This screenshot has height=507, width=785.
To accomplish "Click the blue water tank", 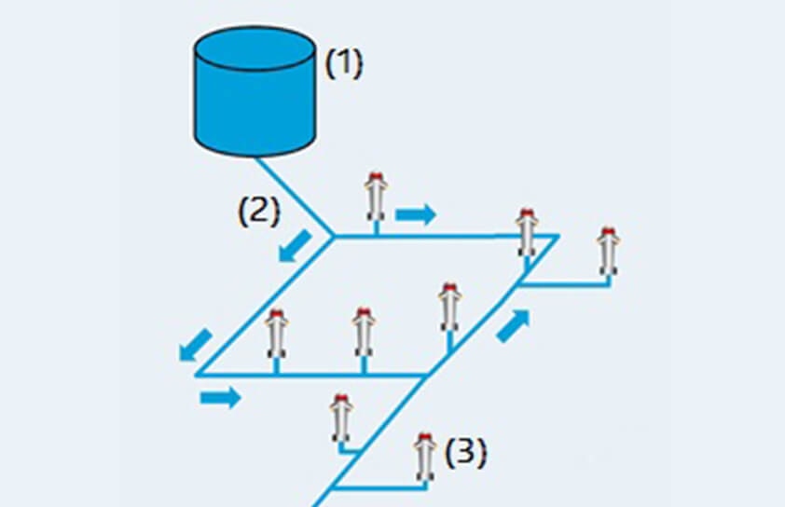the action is click(255, 91).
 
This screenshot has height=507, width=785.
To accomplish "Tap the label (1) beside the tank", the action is click(343, 63).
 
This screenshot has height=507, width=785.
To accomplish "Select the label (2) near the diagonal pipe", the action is click(259, 212).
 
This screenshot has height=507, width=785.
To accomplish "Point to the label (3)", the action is click(465, 453).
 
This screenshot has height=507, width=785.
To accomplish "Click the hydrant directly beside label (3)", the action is click(425, 457).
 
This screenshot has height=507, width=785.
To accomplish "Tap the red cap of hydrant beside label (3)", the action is click(425, 438).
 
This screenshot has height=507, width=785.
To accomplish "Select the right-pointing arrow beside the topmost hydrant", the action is click(416, 214).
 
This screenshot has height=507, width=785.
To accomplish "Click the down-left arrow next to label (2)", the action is click(296, 246).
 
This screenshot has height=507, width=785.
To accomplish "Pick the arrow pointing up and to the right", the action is click(513, 326).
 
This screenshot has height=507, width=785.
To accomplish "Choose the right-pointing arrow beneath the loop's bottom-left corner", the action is click(220, 397).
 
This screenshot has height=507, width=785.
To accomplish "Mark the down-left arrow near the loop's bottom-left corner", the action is click(196, 344).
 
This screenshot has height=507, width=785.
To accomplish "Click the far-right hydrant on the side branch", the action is click(608, 252).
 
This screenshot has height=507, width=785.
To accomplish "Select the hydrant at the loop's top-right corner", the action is click(526, 232).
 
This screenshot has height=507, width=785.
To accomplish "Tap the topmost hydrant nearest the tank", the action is click(376, 197).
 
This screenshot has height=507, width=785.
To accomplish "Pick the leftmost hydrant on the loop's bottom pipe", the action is click(276, 334).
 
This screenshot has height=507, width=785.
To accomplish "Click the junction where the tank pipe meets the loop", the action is click(334, 235).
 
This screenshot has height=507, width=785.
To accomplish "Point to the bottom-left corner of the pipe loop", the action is click(197, 374).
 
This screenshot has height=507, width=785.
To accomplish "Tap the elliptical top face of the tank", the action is click(255, 48).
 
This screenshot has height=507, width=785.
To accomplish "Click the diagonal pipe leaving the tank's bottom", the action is click(295, 196).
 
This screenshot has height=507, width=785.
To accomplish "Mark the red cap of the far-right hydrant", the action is click(608, 232).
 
